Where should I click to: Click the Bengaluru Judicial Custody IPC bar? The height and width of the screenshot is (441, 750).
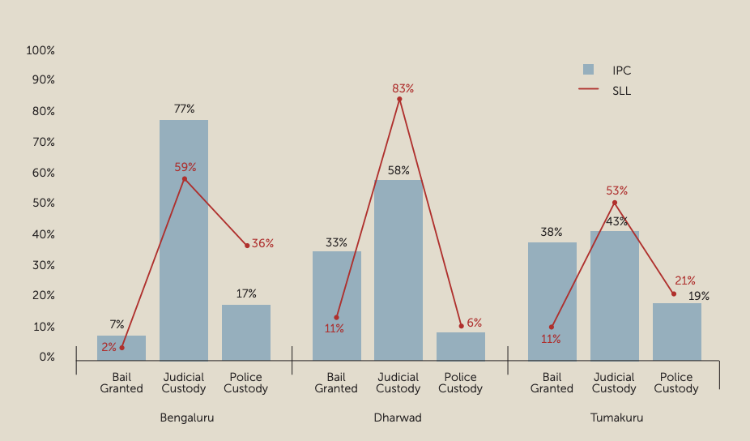184,240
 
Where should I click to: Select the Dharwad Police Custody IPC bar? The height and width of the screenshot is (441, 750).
461,346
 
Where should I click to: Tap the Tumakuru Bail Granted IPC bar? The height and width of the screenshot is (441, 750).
552,302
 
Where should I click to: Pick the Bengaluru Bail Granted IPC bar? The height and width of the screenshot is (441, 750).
121,348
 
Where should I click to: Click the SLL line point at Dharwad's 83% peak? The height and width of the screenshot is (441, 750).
399,99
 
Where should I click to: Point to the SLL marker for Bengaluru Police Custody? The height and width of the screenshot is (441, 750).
247,246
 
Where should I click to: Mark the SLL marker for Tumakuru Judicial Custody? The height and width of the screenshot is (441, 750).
615,203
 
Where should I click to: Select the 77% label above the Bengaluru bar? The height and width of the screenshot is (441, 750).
184,109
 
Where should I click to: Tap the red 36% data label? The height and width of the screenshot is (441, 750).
262,243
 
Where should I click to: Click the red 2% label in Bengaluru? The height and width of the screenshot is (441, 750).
109,347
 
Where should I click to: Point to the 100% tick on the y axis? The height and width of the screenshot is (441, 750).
40,50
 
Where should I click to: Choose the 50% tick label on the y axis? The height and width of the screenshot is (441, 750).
43,203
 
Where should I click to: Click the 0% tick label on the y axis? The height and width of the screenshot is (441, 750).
45,357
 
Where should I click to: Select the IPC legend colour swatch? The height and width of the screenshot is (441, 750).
588,70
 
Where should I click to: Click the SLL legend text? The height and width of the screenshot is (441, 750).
621,91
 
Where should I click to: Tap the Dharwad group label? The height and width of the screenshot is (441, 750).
398,418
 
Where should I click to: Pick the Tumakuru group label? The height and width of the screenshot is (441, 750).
613,418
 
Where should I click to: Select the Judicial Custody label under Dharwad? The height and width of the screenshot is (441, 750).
398,383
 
